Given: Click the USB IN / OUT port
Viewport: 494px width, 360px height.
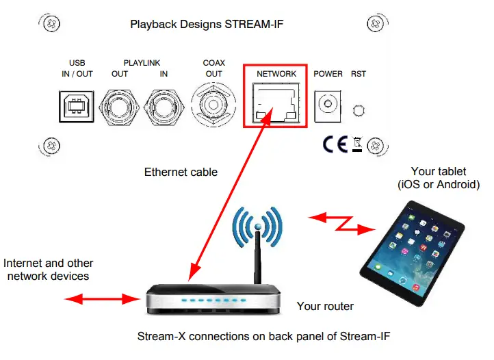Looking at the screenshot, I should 77,106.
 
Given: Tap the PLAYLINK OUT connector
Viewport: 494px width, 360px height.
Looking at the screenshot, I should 121,106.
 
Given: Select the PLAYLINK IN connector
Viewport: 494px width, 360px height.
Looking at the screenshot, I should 164,106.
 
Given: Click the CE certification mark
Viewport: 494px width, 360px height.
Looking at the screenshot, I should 335,144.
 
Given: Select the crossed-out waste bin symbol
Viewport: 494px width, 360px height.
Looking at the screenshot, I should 356,144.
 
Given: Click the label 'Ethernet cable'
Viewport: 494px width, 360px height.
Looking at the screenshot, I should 181,172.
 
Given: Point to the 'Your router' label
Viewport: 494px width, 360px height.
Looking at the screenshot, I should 325,306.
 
